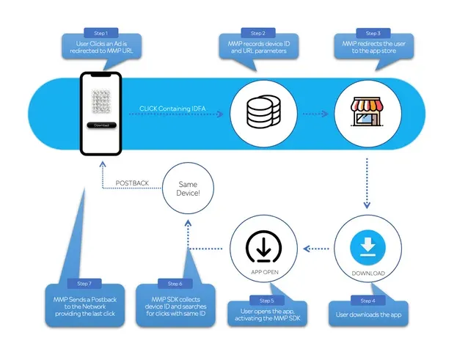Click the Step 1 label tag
click(100, 33)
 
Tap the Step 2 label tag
click(257, 33)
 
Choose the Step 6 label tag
click(175, 284)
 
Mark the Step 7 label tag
click(84, 283)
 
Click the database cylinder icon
click(258, 113)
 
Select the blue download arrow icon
click(365, 246)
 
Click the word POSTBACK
click(132, 183)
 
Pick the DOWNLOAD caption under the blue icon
click(365, 273)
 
